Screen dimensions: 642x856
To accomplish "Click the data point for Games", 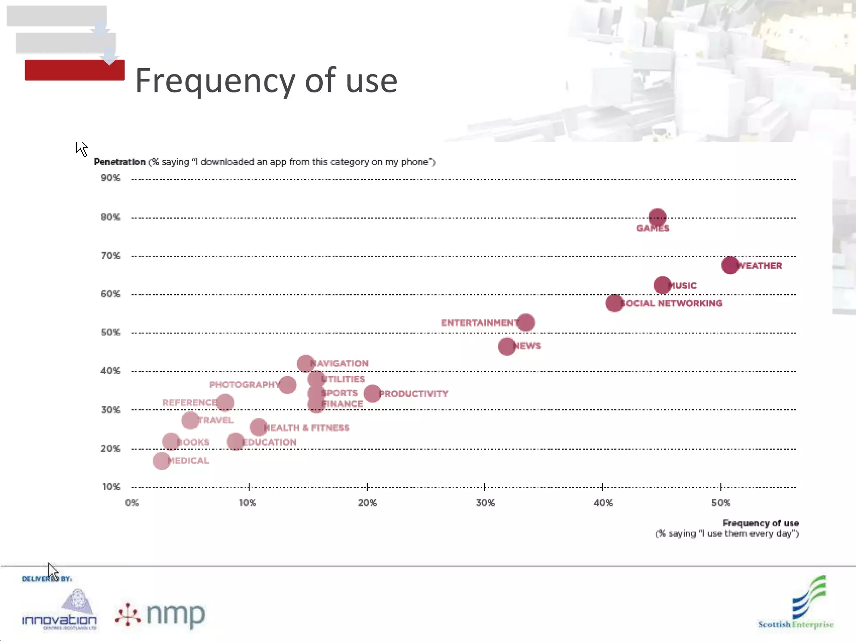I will coord(657,217).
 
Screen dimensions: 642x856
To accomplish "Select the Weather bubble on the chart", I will coord(730,265).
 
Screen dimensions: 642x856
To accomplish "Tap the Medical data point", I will coord(161,461).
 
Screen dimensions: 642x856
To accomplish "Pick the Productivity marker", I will coord(372,394).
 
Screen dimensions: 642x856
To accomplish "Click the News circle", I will coord(507,346).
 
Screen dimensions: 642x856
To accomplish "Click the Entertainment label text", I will coord(479,323).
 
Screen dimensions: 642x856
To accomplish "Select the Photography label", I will coord(244,385).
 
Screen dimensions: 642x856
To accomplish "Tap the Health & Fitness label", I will coord(307,428).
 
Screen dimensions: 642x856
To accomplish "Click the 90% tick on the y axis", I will coord(110,178).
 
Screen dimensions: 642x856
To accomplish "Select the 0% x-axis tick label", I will coord(132,503).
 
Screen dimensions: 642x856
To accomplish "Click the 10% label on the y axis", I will coord(111,487).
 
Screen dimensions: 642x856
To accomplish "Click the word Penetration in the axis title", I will coord(120,162).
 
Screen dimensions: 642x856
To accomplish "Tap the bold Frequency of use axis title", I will coord(760,523).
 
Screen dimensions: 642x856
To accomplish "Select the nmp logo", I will coord(161,614).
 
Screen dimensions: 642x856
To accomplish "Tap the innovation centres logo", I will coord(59,610).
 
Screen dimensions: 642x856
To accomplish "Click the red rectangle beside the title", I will coord(74,70).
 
